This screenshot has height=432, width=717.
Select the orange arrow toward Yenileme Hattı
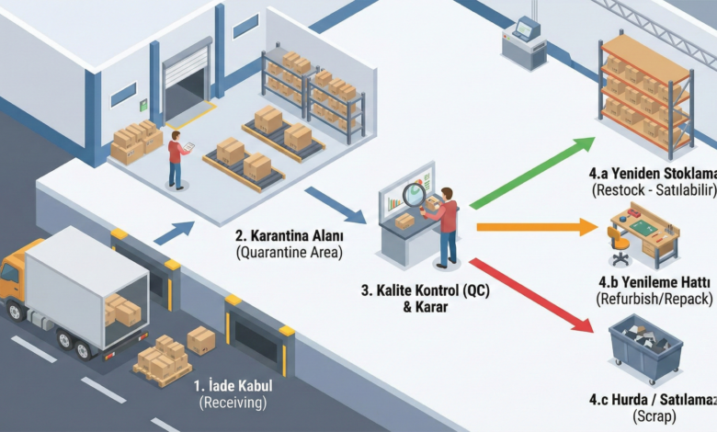click(x=533, y=226)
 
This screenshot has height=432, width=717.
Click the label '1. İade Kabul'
click(x=232, y=387)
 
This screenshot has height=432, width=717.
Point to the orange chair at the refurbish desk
click(x=620, y=242)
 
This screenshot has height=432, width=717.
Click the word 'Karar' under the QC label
click(x=426, y=308)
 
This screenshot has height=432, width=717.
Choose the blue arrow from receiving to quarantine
click(x=174, y=233)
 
